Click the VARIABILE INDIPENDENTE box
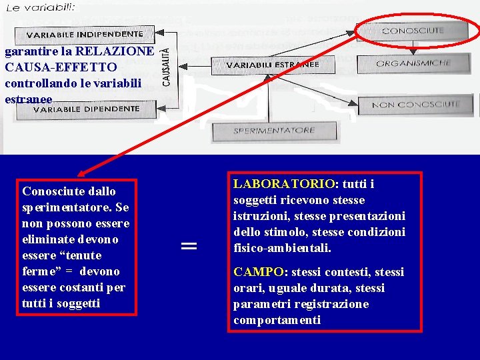point(85,33)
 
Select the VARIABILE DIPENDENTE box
point(84,109)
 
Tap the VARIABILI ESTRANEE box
point(273,65)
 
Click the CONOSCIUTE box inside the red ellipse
point(413,31)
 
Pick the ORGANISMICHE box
point(413,63)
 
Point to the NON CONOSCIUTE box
point(416,105)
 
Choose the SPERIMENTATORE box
point(273,131)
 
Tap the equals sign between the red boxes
point(189,246)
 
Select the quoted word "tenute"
point(81,255)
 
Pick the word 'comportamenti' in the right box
point(277,320)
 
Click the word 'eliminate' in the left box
point(47,239)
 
